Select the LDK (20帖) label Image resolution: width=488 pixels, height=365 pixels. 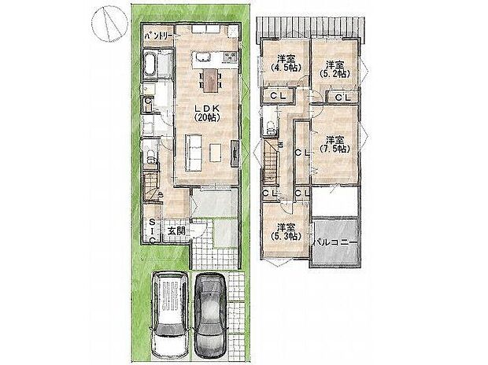205,111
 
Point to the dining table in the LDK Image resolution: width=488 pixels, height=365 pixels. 210,76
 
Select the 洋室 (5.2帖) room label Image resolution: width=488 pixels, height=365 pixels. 336,68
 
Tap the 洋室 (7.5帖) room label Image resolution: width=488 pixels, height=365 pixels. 336,143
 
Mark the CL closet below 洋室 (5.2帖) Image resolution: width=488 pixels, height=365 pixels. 342,98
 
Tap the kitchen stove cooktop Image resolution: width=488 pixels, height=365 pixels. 231,57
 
